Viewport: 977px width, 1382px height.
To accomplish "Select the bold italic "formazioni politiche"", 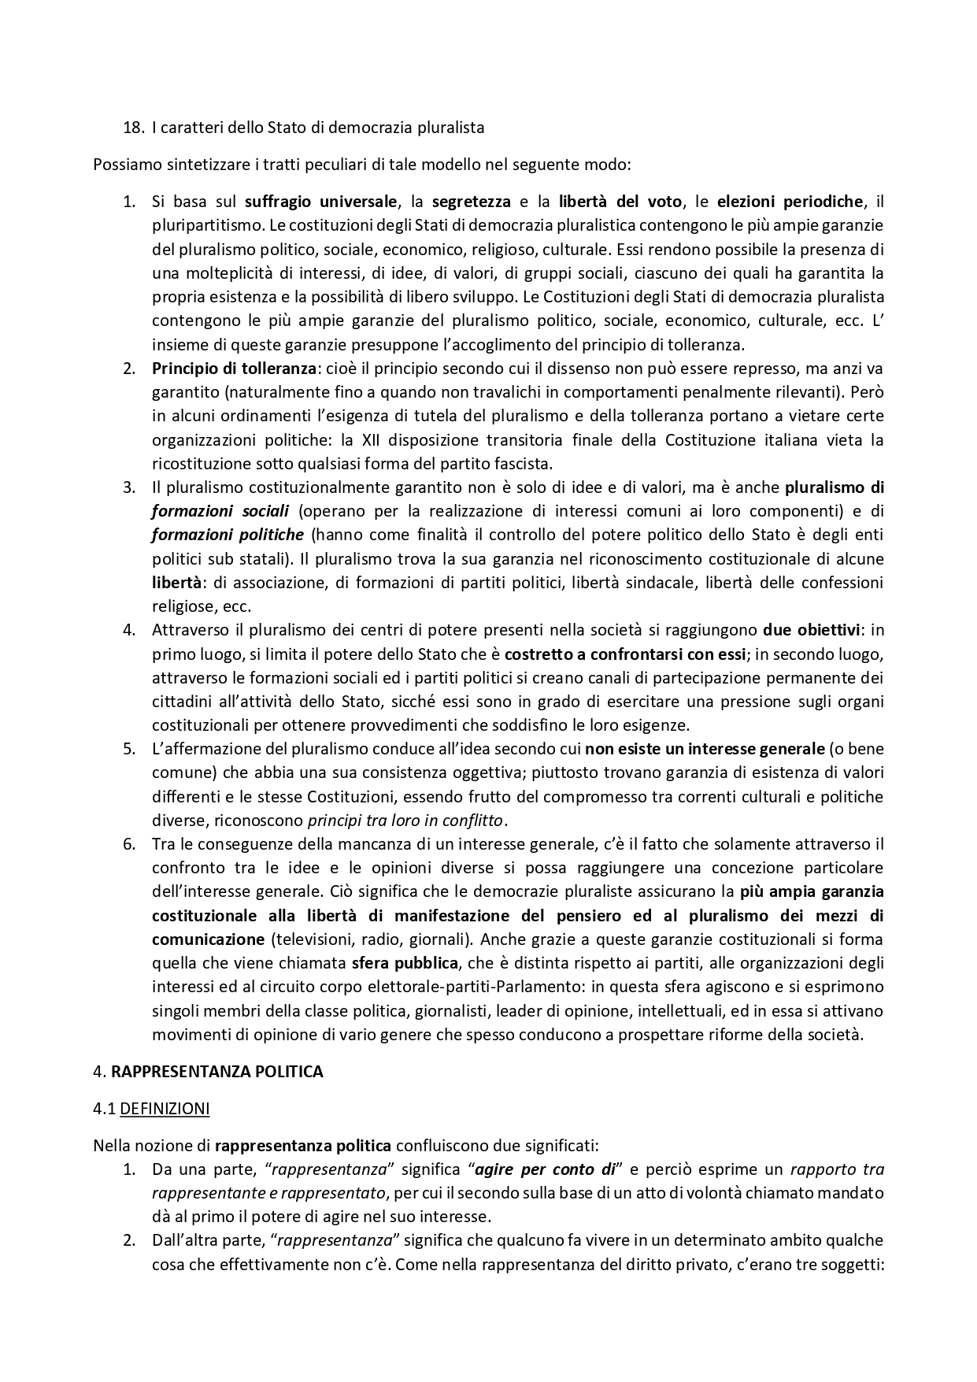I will coord(228,535).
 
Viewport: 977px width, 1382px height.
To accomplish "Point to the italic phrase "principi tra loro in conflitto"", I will coord(405,820).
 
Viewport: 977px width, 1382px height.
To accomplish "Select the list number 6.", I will coord(129,844).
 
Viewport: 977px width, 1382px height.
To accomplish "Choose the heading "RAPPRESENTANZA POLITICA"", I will coord(217,1072).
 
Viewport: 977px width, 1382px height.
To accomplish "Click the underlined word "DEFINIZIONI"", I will coord(165,1109).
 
